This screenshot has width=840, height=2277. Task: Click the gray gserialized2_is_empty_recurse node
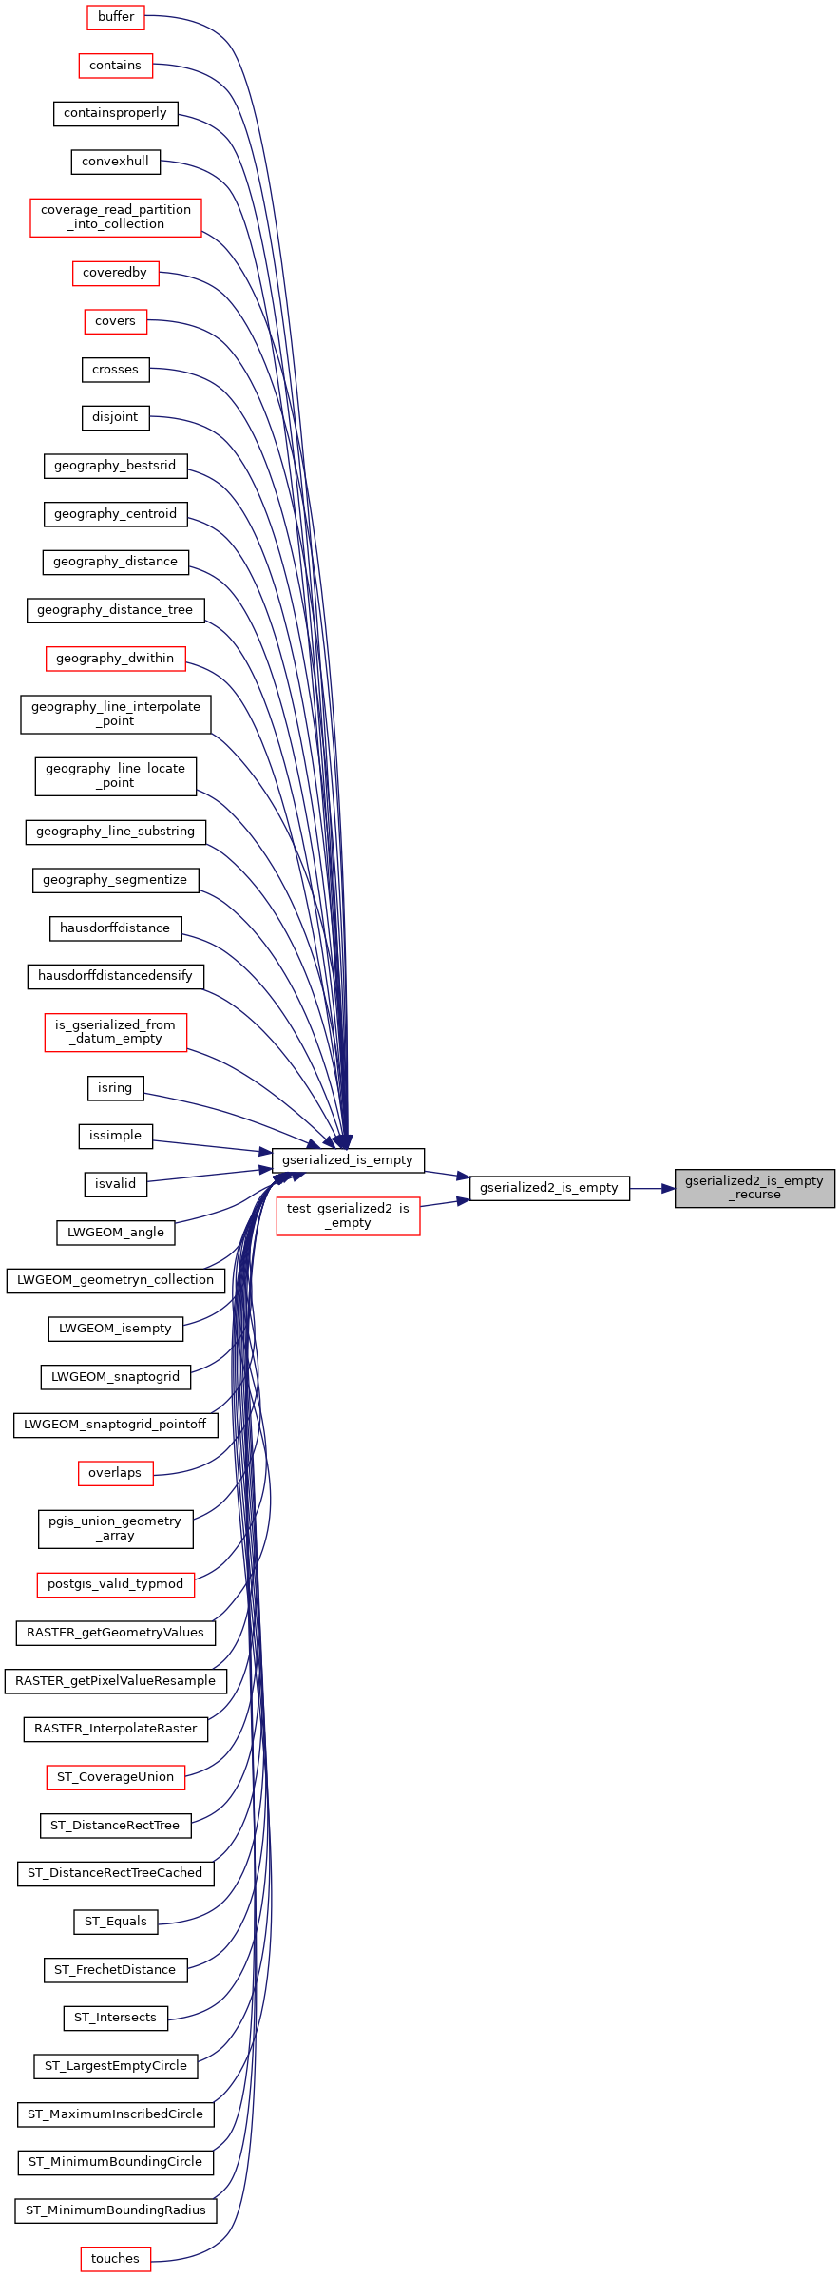pos(754,1188)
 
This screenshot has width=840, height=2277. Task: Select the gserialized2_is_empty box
pos(549,1188)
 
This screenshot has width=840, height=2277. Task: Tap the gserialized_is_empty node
pos(348,1160)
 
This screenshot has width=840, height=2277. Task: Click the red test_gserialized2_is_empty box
pos(348,1215)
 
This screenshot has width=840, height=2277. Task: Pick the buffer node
pos(116,17)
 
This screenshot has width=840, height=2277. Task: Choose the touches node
pos(116,2259)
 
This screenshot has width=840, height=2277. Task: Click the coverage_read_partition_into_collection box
pos(116,217)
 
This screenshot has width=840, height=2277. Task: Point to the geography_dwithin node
pos(115,659)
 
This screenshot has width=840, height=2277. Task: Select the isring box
pos(115,1088)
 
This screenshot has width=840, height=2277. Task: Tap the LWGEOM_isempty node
pos(115,1329)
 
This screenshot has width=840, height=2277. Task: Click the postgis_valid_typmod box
pos(115,1584)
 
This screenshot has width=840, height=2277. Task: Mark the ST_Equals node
pos(116,1922)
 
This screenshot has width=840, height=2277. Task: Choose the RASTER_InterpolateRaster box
pos(116,1729)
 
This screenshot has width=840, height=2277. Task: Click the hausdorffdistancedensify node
pos(115,976)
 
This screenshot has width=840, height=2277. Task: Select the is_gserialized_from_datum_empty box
pos(115,1032)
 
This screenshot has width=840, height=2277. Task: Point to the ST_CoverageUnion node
pos(116,1777)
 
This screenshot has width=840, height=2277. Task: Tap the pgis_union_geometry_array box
pos(115,1528)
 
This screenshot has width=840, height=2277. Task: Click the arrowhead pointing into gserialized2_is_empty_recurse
pos(668,1188)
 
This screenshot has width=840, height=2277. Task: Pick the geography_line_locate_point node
pos(116,776)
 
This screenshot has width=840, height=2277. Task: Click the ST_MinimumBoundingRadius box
pos(116,2210)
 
